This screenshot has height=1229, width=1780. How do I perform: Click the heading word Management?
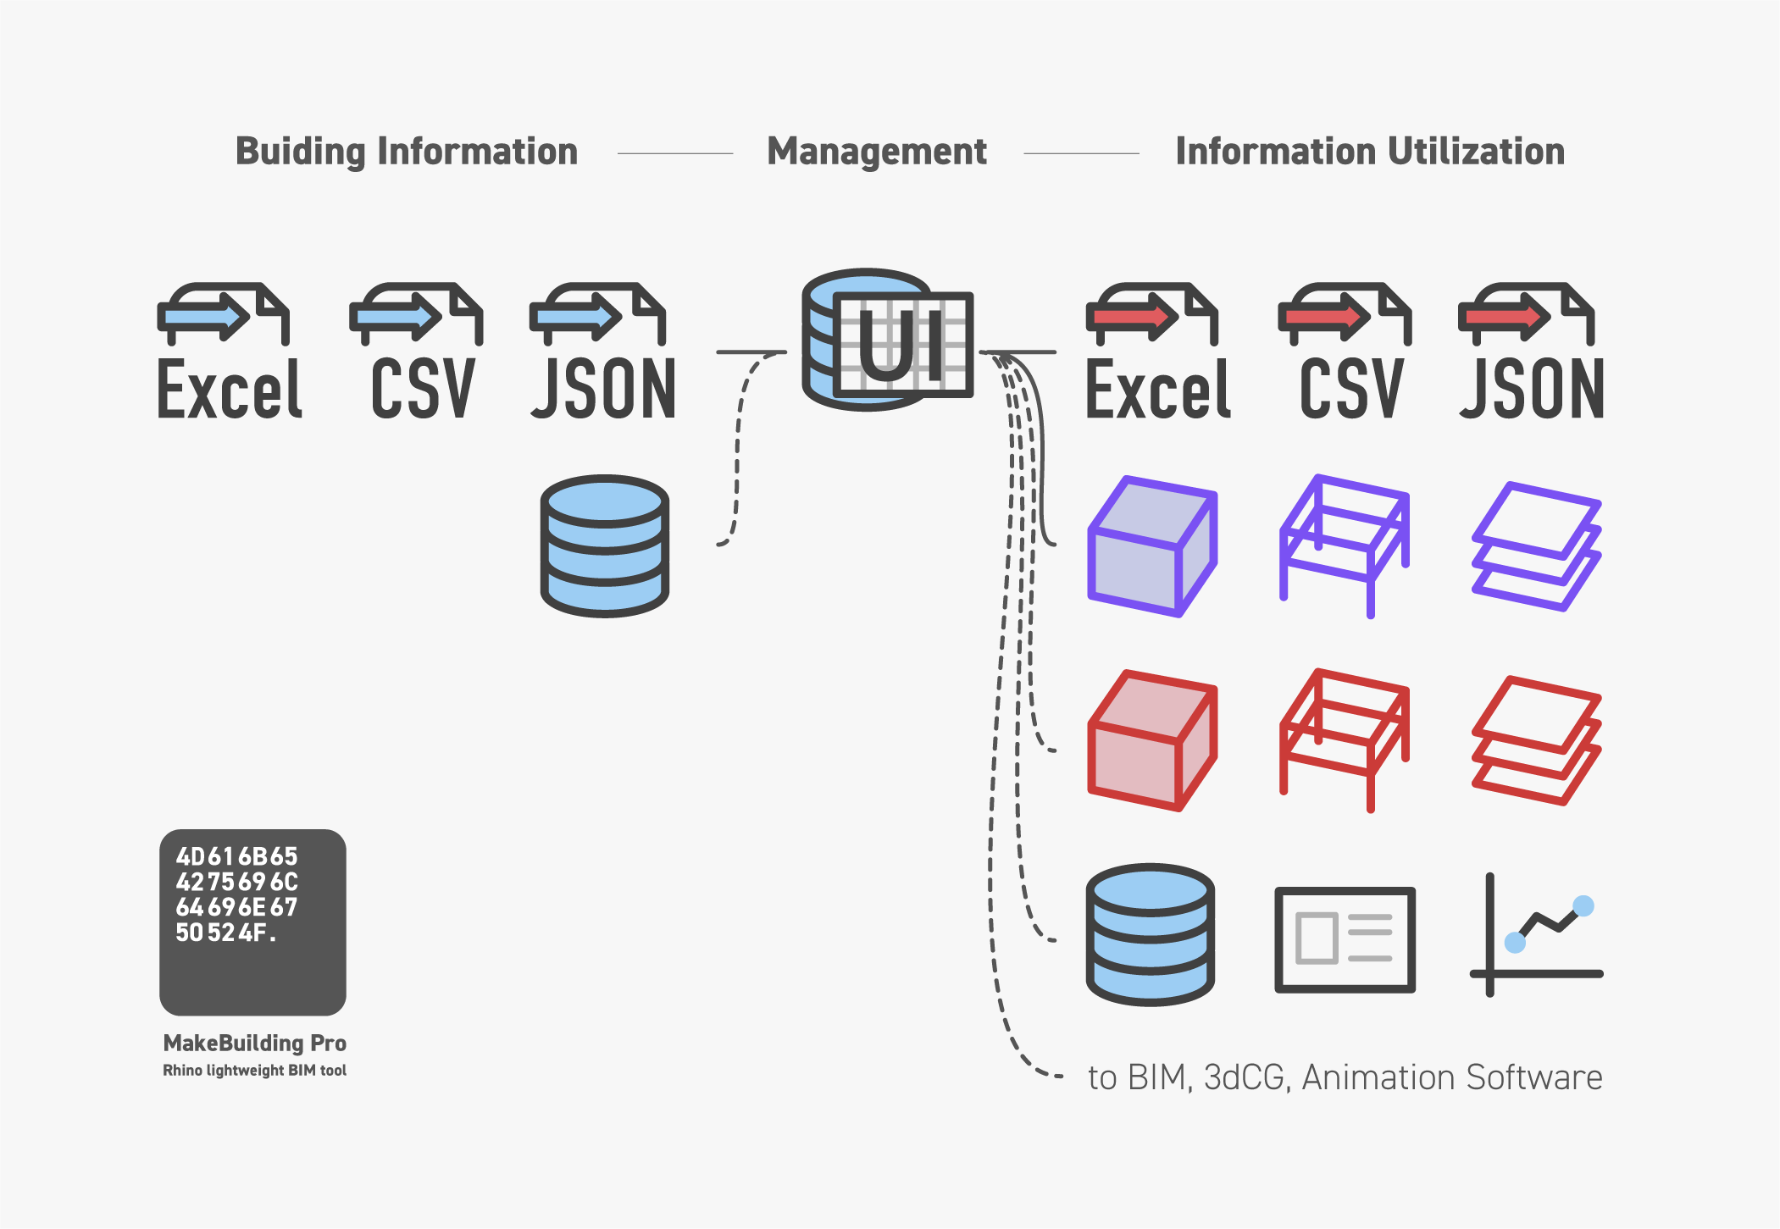pos(877,152)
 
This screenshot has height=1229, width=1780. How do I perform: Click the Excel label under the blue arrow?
pos(230,390)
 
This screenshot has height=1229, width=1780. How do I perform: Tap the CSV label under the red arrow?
pos(1351,390)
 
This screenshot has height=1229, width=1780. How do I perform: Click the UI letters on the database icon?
pos(901,346)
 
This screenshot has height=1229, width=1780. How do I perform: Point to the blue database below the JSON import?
pos(605,545)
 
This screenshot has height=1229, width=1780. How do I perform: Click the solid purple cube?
pos(1152,546)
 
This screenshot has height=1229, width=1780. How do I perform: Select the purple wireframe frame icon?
pos(1344,546)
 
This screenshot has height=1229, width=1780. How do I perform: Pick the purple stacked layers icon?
pos(1536,546)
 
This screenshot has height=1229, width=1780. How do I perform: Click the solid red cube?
pos(1152,740)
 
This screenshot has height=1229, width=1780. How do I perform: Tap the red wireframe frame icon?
pos(1344,740)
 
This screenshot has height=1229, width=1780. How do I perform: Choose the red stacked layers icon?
pos(1536,740)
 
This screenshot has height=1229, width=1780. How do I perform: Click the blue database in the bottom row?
pos(1151,934)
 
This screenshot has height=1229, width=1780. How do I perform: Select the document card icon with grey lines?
pos(1345,939)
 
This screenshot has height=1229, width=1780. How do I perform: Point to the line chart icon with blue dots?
pos(1536,935)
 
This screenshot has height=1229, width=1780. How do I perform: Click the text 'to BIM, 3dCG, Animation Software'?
pos(1345,1077)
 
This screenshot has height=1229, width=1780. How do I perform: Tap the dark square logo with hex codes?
pos(252,922)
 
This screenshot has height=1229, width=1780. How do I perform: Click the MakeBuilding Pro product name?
pos(255,1043)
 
